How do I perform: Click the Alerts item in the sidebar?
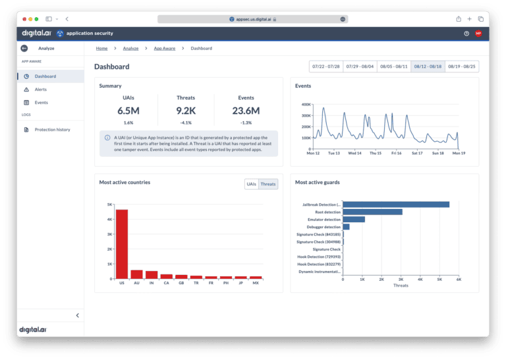[x=40, y=89]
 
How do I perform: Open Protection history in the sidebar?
[x=52, y=129]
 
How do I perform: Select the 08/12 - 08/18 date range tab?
[x=428, y=67]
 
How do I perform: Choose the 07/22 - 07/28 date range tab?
[x=325, y=67]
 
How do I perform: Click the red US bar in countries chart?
[x=122, y=244]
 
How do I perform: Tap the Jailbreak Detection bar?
[x=396, y=204]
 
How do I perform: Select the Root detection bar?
[x=372, y=212]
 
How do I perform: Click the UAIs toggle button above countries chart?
[x=251, y=184]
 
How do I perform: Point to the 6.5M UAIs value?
[x=128, y=110]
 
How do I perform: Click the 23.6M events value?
[x=246, y=110]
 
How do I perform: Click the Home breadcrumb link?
[x=101, y=48]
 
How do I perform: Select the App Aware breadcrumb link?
[x=164, y=48]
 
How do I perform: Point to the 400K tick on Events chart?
[x=305, y=104]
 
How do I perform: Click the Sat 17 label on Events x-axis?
[x=416, y=153]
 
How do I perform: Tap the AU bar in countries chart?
[x=136, y=274]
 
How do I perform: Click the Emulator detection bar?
[x=354, y=219]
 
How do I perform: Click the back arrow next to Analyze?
[x=24, y=48]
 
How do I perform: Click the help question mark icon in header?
[x=466, y=33]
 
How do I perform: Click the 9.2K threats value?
[x=186, y=110]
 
